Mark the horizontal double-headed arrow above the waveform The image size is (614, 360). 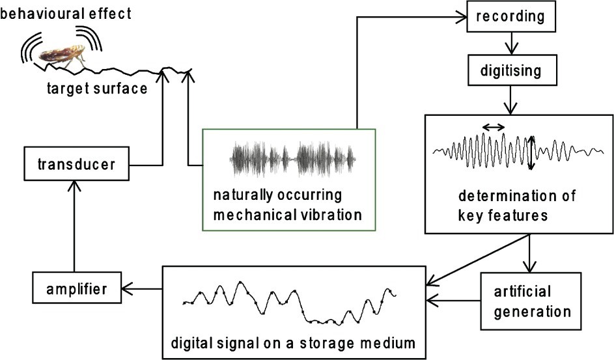pos(493,128)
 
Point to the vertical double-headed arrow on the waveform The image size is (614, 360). pos(531,153)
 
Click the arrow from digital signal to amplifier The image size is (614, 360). pos(143,287)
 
